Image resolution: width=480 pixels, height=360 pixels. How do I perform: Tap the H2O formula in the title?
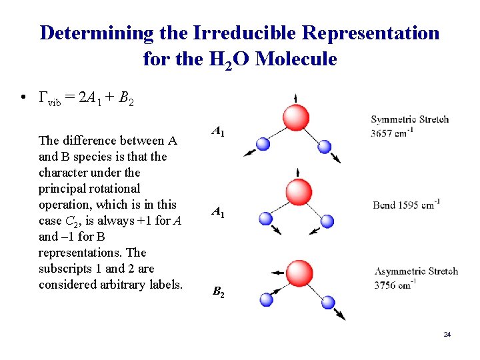[225, 60]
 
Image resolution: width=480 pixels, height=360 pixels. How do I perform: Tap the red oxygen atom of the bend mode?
[298, 192]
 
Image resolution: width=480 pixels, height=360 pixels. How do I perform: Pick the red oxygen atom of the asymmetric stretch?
[299, 272]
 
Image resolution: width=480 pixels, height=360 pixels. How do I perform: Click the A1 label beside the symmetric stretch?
[218, 132]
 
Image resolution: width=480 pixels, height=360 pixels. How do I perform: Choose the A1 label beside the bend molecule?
[218, 212]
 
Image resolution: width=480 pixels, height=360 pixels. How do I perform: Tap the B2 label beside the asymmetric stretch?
[219, 291]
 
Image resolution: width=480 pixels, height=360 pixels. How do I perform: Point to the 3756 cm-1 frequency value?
[395, 285]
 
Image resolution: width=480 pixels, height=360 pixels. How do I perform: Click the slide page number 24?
[447, 333]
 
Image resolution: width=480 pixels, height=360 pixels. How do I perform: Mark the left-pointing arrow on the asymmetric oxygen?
[275, 272]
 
